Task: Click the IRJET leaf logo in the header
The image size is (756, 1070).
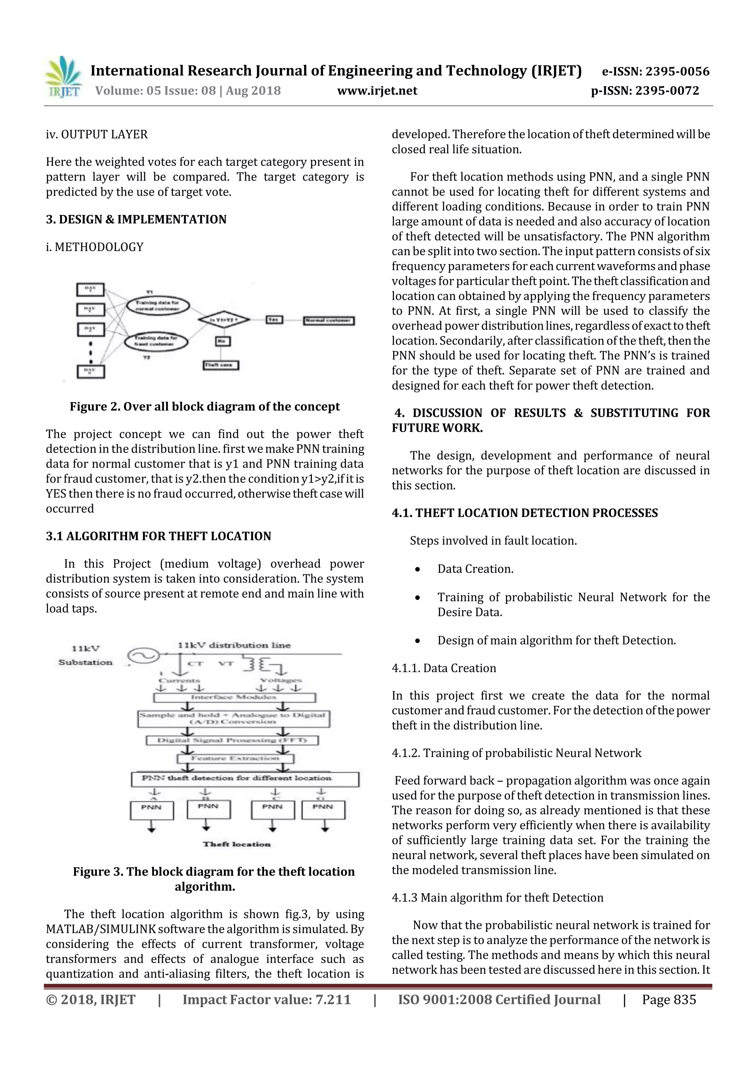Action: click(63, 76)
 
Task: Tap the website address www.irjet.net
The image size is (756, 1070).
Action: click(377, 91)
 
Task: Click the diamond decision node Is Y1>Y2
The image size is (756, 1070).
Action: click(224, 320)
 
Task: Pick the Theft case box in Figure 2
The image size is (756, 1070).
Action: click(221, 365)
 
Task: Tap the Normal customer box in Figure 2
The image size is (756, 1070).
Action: click(329, 321)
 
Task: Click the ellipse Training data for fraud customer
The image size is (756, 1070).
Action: click(157, 342)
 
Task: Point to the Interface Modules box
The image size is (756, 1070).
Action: click(234, 697)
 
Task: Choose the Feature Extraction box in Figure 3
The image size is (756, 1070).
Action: click(235, 758)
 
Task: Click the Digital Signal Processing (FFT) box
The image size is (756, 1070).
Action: click(232, 740)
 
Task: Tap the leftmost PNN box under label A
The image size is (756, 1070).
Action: click(151, 810)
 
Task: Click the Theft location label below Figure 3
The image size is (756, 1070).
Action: click(237, 844)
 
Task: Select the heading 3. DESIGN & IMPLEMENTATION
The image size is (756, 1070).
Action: click(136, 219)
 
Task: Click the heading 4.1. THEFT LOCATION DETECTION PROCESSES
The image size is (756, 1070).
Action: click(525, 513)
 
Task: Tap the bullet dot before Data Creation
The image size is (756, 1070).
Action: click(418, 570)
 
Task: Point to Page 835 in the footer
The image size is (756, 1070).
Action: click(669, 999)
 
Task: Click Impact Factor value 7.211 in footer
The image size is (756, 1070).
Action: click(267, 999)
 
